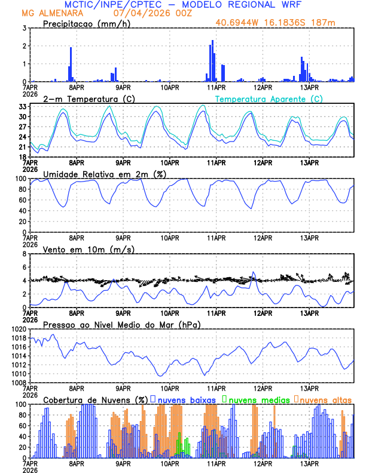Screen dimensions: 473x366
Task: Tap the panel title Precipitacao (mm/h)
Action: tap(86, 24)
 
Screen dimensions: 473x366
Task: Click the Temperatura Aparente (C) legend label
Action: tap(269, 99)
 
